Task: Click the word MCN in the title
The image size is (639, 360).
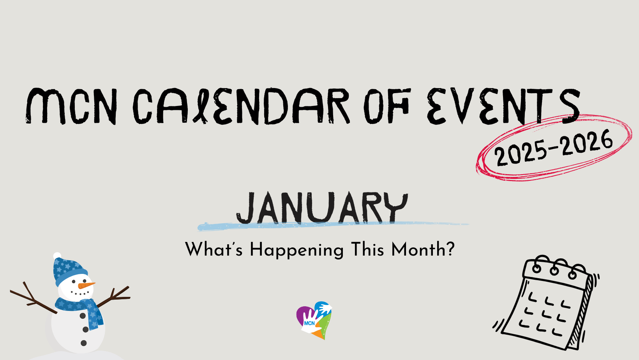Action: [x=71, y=106]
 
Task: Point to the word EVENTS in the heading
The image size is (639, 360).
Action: [x=503, y=106]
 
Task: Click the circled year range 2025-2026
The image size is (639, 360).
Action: [x=553, y=148]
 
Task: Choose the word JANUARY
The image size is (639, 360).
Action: [x=322, y=208]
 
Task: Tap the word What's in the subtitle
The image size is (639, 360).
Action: [x=214, y=249]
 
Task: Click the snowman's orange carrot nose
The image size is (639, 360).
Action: [x=86, y=285]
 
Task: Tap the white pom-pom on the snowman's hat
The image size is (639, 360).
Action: [x=57, y=256]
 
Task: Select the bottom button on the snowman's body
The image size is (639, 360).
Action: [x=84, y=343]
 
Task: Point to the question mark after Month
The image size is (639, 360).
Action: [x=450, y=249]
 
